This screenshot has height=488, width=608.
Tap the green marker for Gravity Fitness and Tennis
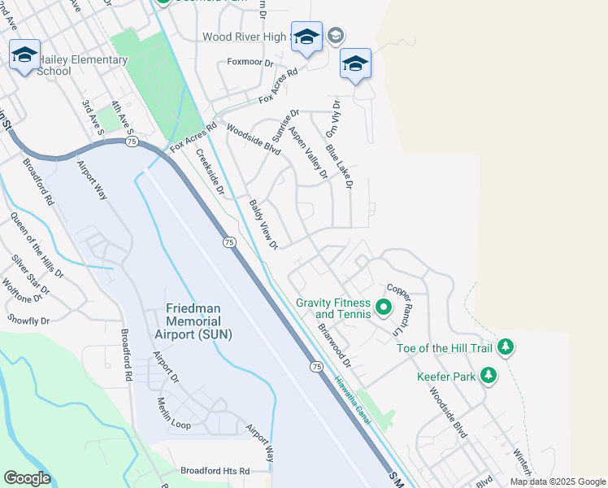tap(383, 308)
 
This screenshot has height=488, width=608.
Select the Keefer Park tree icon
tap(489, 376)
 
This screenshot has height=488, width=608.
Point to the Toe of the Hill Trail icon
tap(506, 347)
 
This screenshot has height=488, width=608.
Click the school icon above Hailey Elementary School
tap(24, 54)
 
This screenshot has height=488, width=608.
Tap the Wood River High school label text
tap(244, 37)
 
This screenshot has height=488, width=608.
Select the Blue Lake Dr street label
tap(339, 167)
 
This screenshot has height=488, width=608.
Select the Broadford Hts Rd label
tap(215, 471)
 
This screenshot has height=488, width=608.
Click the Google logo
tap(28, 478)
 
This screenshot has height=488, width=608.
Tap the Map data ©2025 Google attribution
tap(557, 481)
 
